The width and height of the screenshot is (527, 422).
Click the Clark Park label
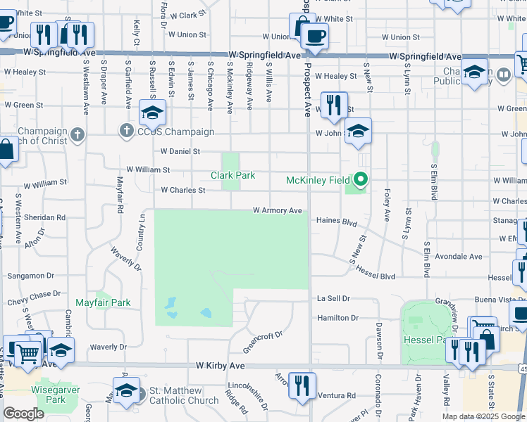[x=232, y=175]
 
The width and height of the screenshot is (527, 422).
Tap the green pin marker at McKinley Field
[x=361, y=180]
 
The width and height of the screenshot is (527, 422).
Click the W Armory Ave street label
[x=278, y=210]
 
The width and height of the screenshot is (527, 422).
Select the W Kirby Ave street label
[x=221, y=366]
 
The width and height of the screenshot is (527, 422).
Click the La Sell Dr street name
[x=333, y=299]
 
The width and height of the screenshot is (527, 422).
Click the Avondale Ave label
[x=459, y=257]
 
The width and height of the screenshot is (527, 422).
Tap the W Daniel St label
[x=180, y=151]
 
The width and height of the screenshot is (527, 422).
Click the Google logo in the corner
[x=23, y=414]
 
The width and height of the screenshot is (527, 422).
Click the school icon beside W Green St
[x=152, y=111]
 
